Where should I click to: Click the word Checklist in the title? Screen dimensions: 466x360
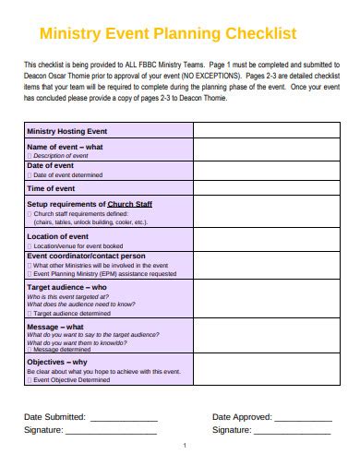tap(255, 34)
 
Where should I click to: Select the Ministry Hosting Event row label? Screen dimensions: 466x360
tap(67, 132)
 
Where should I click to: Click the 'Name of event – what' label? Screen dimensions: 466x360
tap(65, 147)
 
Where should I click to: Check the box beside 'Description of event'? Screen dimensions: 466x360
tap(30, 156)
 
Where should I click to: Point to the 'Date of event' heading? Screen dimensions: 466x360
tap(57, 165)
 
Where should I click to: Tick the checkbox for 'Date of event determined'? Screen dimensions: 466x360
tap(30, 174)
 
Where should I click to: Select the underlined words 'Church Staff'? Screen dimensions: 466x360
tap(129, 204)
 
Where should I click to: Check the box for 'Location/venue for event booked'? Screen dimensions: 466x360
tap(30, 246)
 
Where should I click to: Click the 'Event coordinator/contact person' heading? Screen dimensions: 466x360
tap(86, 256)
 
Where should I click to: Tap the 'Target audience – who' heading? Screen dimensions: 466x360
tap(67, 287)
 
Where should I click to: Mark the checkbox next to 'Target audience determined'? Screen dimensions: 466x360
tap(30, 313)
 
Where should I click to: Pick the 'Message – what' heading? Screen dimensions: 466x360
tap(55, 326)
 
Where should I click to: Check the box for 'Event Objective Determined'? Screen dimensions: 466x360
tap(30, 379)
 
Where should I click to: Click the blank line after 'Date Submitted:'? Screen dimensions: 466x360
tap(124, 418)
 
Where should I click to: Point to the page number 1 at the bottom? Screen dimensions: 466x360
tap(185, 447)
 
